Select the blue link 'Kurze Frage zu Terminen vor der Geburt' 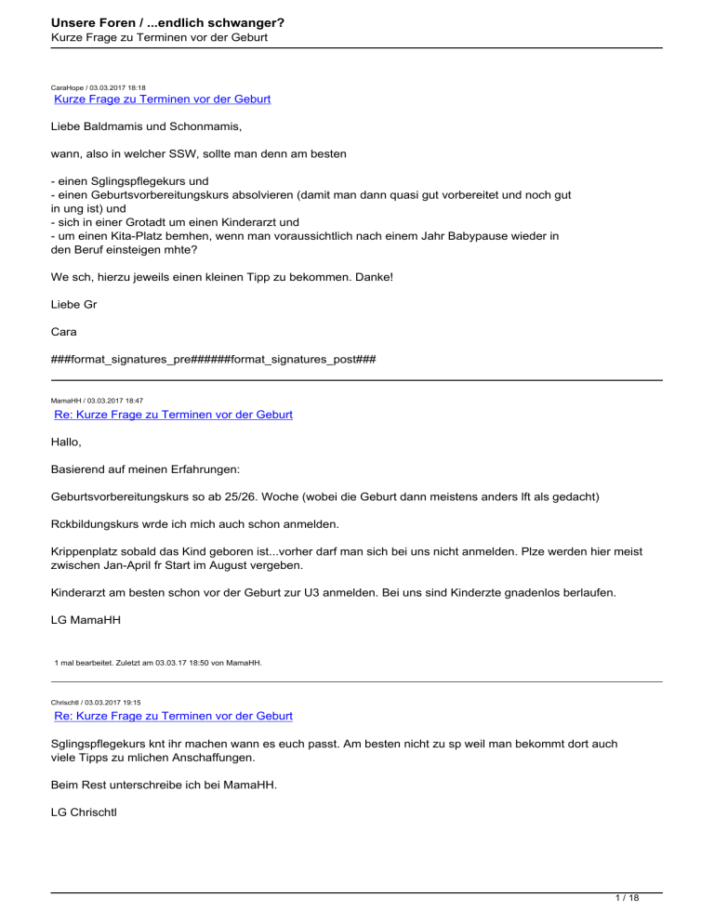pos(163,98)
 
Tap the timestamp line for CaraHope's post pos(98,86)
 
